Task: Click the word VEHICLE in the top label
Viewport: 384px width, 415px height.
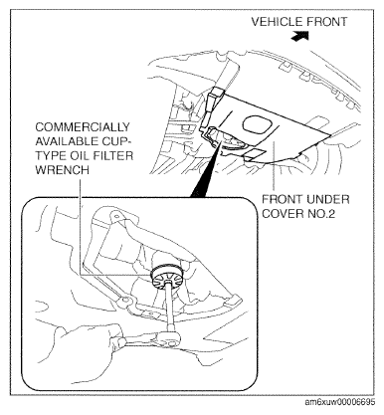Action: click(277, 22)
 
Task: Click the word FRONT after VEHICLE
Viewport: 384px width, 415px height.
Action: click(326, 22)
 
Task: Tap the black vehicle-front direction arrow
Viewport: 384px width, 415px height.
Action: click(299, 36)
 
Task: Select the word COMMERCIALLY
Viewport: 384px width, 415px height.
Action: click(83, 127)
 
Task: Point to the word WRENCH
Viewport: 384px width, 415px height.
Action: click(62, 170)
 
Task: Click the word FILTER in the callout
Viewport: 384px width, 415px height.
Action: click(112, 155)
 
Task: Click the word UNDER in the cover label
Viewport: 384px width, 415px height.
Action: click(327, 200)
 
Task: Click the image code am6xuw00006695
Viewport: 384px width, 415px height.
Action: click(340, 402)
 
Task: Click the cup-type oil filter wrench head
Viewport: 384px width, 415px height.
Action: click(166, 276)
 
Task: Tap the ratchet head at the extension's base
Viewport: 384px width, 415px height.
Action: click(170, 339)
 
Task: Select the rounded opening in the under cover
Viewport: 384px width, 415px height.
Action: click(258, 124)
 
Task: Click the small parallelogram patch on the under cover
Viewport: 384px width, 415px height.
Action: click(255, 153)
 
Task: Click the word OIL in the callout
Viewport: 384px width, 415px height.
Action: click(80, 155)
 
